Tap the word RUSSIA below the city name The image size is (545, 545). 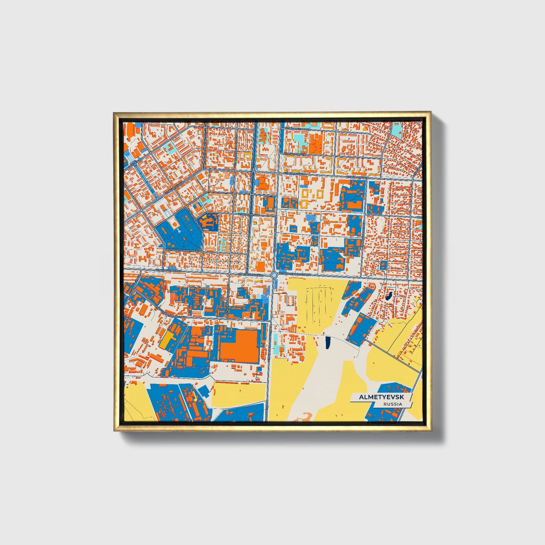[x=393, y=404]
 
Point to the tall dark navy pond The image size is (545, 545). [x=327, y=342]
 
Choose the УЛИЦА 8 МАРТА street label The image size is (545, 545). [x=295, y=154]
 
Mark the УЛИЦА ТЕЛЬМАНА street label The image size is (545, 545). [x=298, y=129]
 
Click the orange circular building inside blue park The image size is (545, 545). [x=175, y=224]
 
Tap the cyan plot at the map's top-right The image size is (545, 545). [x=396, y=129]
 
